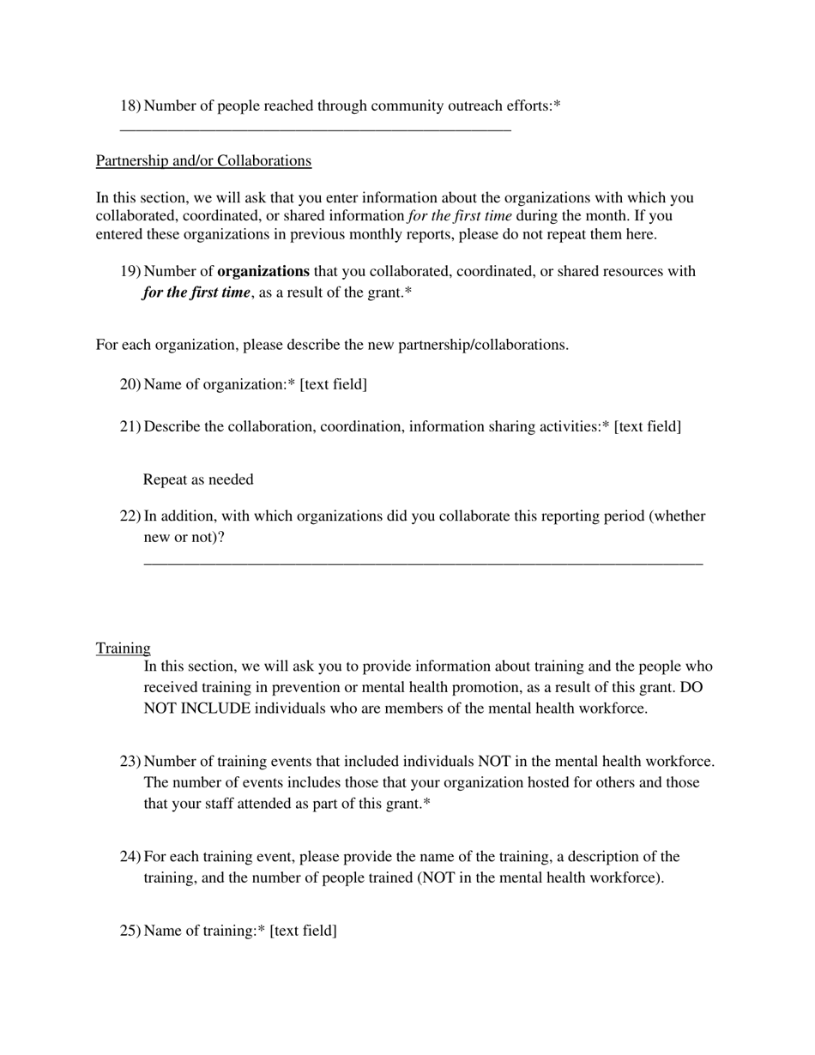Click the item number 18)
(x=130, y=106)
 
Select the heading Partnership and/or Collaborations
(x=203, y=161)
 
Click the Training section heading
(x=123, y=648)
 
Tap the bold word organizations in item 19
(x=263, y=272)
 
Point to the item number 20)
(x=130, y=384)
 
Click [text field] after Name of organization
(x=334, y=384)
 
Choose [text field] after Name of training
(x=303, y=931)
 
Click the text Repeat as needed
(x=198, y=479)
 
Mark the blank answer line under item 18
(x=315, y=130)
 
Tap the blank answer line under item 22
(x=423, y=564)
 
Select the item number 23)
(x=130, y=762)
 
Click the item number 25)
(x=130, y=931)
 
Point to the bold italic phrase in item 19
(x=196, y=292)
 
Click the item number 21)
(x=130, y=427)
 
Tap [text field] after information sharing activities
(x=648, y=427)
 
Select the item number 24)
(x=130, y=857)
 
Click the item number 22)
(x=130, y=516)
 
